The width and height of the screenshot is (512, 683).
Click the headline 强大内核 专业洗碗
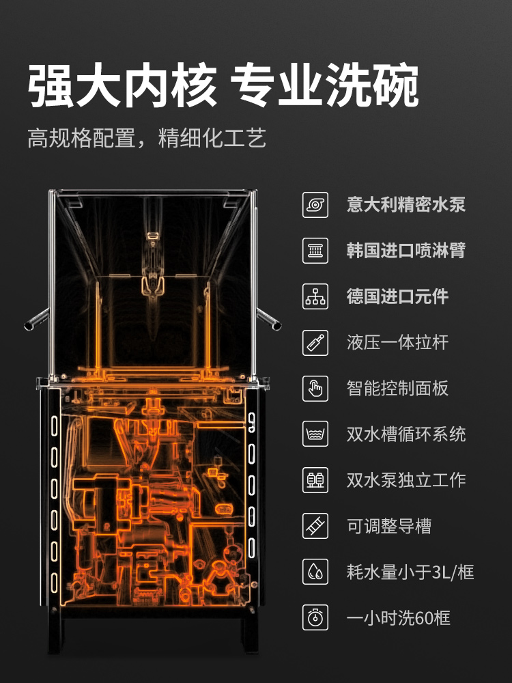[x=223, y=85]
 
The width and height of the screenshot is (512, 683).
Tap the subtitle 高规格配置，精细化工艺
[x=147, y=138]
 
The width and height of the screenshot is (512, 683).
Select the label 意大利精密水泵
[x=406, y=205]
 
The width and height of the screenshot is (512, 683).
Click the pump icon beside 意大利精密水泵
[x=315, y=205]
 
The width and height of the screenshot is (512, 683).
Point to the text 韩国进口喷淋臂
[x=406, y=251]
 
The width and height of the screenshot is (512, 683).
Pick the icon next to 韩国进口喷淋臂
[x=315, y=251]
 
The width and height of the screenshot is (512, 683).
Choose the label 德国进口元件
[x=397, y=296]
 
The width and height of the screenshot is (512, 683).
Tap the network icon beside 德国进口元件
[x=315, y=296]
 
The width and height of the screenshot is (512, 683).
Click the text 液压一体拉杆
[x=397, y=342]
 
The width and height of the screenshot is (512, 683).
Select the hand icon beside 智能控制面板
[x=315, y=389]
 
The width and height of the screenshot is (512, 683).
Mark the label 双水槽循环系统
[x=406, y=434]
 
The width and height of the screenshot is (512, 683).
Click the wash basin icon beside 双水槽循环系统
[x=315, y=434]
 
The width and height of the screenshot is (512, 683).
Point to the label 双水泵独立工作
[x=406, y=480]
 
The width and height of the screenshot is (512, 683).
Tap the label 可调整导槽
[x=389, y=526]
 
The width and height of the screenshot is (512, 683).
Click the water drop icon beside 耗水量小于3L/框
[x=315, y=572]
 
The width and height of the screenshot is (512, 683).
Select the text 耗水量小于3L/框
[x=410, y=572]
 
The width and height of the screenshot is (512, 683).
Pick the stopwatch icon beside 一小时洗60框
[x=315, y=618]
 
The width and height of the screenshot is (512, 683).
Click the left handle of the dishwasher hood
[x=37, y=320]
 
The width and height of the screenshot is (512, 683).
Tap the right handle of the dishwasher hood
[x=269, y=319]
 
